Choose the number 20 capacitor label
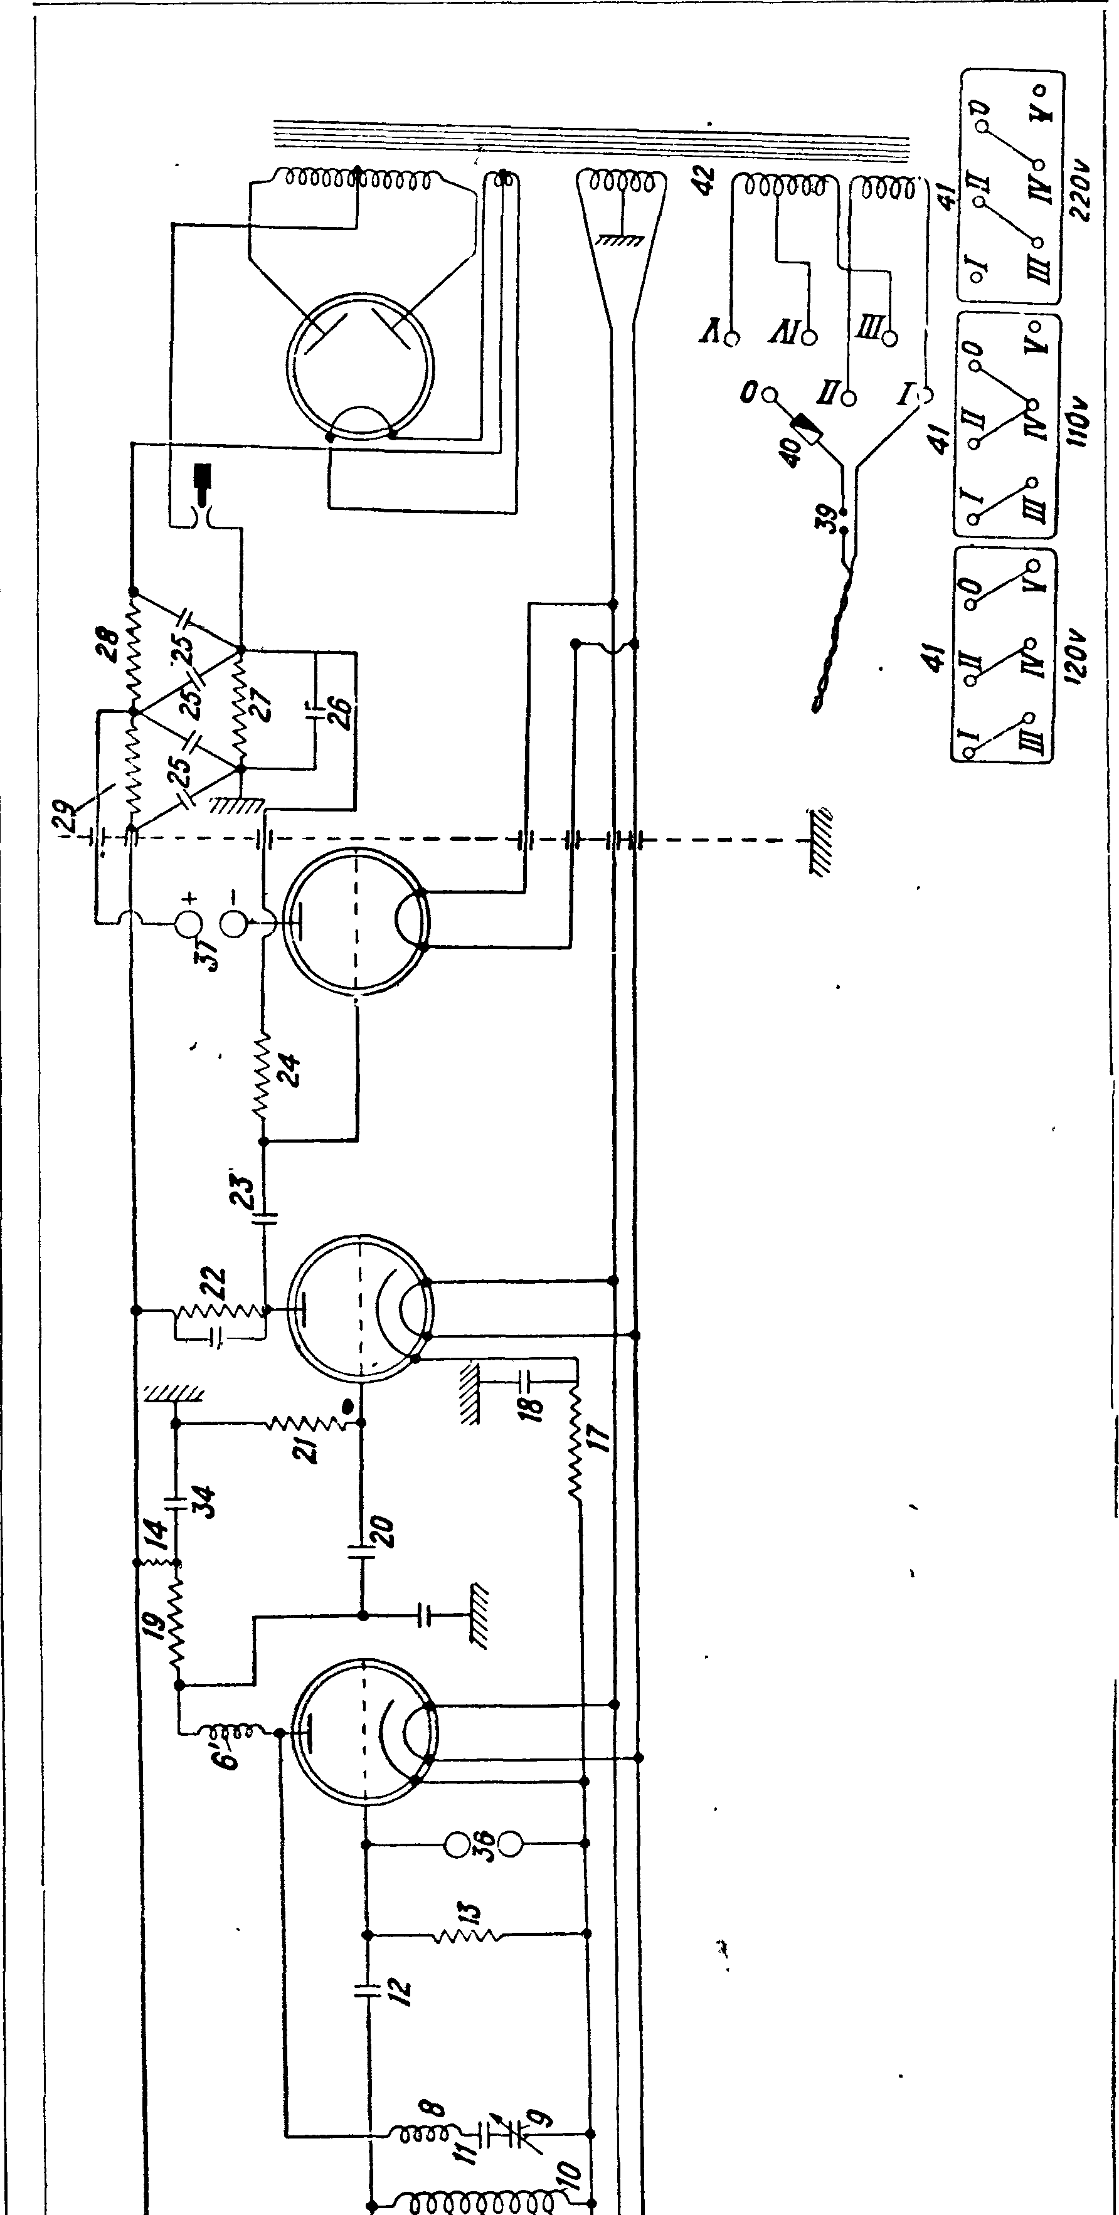(384, 1531)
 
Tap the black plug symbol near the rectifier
(203, 480)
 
